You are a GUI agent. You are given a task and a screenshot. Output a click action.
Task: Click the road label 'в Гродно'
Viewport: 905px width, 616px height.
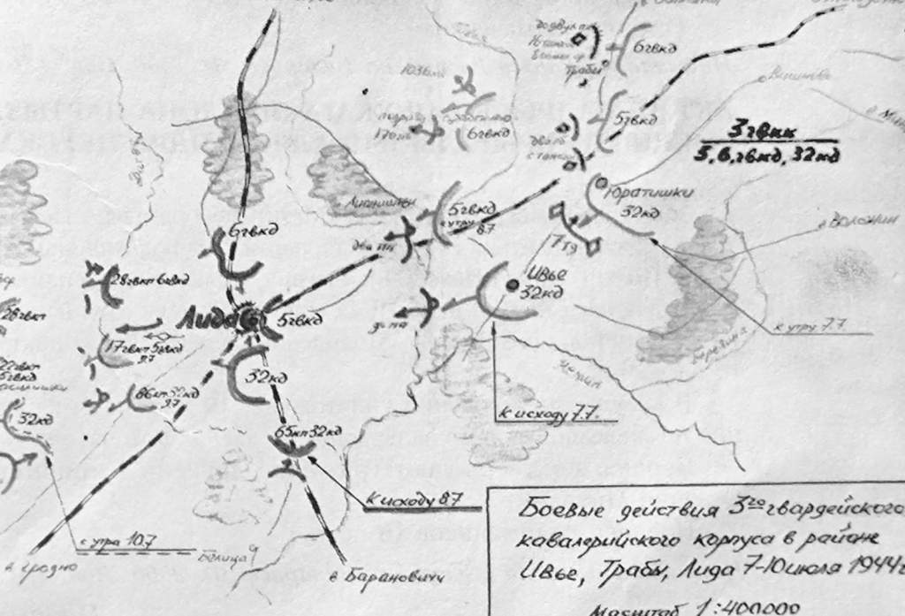(x=35, y=567)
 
